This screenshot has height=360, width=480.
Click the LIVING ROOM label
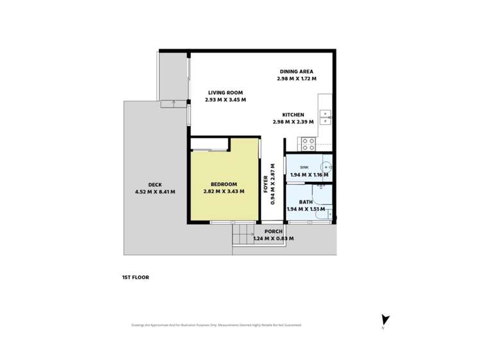point(226,93)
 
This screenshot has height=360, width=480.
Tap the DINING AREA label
point(296,71)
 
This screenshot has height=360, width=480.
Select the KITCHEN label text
point(293,115)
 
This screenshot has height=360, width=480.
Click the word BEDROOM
point(224,184)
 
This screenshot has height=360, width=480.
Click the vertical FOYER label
point(267,184)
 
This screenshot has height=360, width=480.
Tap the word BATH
point(306,201)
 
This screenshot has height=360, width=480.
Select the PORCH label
point(274,232)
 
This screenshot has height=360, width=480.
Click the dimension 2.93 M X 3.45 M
point(226,101)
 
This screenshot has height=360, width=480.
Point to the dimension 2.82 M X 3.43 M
point(224,192)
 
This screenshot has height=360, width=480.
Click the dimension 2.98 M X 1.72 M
point(296,79)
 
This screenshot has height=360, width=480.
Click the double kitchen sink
point(325,117)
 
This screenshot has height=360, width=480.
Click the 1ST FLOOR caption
point(135,277)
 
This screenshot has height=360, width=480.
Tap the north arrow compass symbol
point(385,320)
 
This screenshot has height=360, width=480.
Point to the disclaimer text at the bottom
point(216,325)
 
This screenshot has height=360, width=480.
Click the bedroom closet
point(209,143)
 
